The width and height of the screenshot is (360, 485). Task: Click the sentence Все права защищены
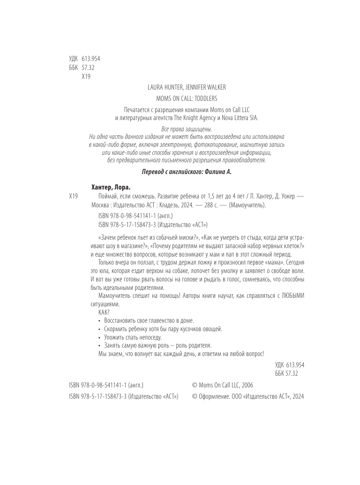click(x=180, y=129)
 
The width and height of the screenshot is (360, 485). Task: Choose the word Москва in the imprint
click(x=100, y=205)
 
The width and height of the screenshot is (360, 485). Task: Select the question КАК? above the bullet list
click(x=104, y=312)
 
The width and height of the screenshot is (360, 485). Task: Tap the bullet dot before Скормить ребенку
click(x=100, y=329)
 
